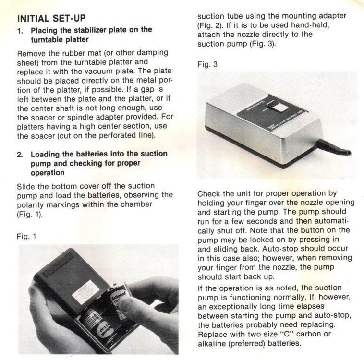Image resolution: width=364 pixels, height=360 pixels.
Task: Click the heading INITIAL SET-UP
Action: pos(51,18)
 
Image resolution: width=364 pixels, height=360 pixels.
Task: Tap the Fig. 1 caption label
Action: pos(26,237)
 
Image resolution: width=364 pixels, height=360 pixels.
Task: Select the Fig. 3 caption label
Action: pos(207,64)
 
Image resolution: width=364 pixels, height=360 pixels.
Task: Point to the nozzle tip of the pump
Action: pos(348,153)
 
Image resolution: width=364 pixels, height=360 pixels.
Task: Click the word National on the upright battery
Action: pos(119,296)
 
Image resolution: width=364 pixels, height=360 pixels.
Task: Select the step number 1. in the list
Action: pos(21,31)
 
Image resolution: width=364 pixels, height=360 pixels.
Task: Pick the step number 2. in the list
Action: pos(20,155)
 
